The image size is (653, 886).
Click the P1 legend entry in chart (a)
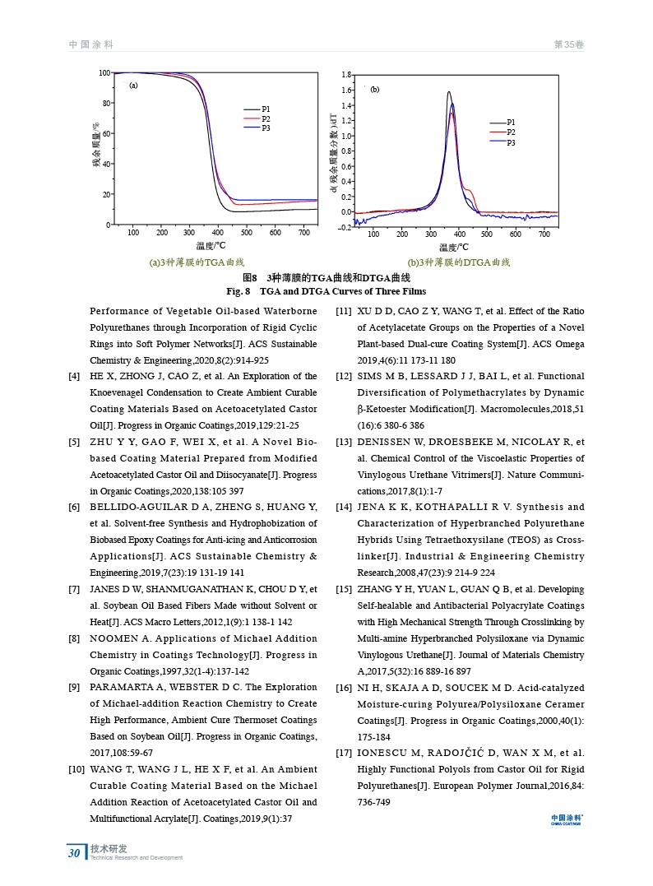pyautogui.click(x=265, y=109)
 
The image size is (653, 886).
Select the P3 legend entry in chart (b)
pyautogui.click(x=511, y=143)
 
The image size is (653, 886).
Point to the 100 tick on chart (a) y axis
pyautogui.click(x=104, y=73)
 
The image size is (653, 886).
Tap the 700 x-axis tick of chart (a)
pyautogui.click(x=304, y=233)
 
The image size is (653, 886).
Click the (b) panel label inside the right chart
pyautogui.click(x=374, y=89)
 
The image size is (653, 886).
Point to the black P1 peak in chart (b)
pyautogui.click(x=449, y=92)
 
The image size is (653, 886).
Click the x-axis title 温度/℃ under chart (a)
pyautogui.click(x=211, y=245)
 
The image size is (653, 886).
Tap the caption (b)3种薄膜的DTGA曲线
pyautogui.click(x=459, y=262)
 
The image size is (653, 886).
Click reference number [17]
pyautogui.click(x=345, y=753)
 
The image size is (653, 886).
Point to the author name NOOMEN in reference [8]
pyautogui.click(x=113, y=638)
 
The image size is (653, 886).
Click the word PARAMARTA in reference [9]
pyautogui.click(x=122, y=687)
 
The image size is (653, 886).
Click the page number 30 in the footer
pyautogui.click(x=74, y=853)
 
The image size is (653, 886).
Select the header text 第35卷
pyautogui.click(x=569, y=44)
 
